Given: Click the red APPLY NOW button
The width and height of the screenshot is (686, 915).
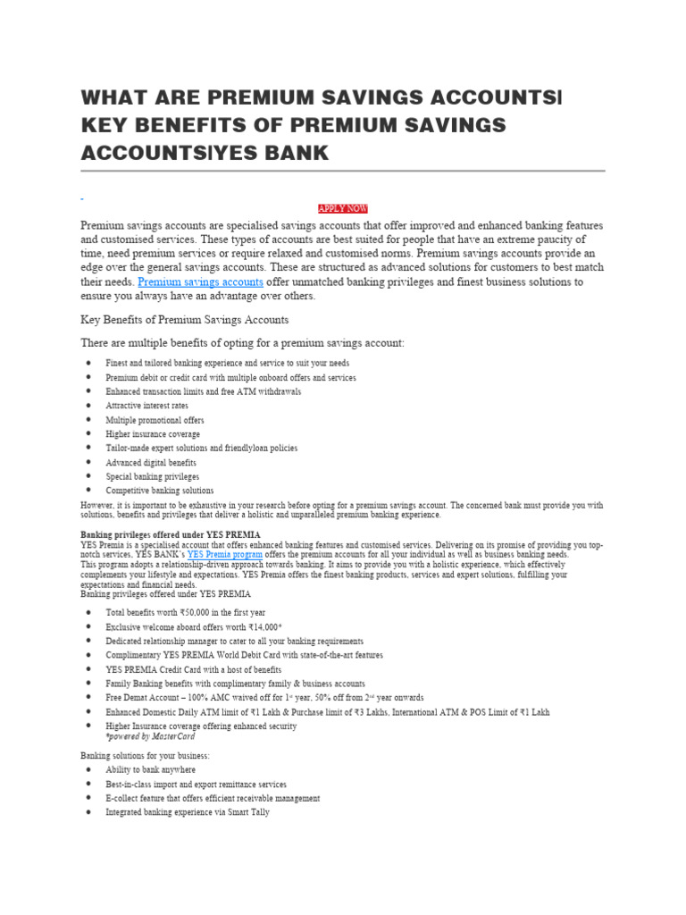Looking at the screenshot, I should [343, 208].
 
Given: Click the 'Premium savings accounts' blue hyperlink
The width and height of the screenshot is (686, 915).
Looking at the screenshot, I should [200, 281].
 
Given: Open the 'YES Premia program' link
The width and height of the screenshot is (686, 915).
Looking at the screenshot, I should [224, 554].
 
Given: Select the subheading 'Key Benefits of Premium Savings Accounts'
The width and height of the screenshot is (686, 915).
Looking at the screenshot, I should [185, 319].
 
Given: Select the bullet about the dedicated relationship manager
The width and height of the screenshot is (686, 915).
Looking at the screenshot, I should [234, 641].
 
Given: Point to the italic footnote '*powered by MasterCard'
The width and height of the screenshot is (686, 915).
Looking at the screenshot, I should [150, 736].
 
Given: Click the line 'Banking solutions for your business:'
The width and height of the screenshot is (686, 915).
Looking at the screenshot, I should [145, 756].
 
